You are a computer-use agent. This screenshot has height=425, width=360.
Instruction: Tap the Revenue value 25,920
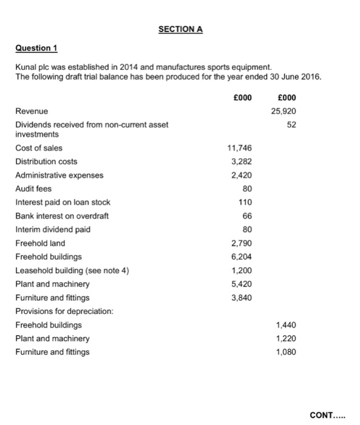pyautogui.click(x=282, y=111)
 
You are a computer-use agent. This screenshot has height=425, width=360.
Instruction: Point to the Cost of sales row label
pyautogui.click(x=39, y=148)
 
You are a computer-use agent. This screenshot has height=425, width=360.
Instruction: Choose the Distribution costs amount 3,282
pyautogui.click(x=241, y=161)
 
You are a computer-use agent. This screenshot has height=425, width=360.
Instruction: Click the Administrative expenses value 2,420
pyautogui.click(x=241, y=175)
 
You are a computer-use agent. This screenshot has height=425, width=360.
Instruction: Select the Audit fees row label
pyautogui.click(x=33, y=188)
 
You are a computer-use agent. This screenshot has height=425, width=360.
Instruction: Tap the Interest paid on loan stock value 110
pyautogui.click(x=245, y=202)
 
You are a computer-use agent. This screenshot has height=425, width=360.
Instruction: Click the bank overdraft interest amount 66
pyautogui.click(x=246, y=216)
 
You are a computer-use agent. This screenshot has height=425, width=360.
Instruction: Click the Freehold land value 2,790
pyautogui.click(x=241, y=243)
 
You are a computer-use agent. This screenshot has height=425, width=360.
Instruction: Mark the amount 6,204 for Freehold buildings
pyautogui.click(x=241, y=256)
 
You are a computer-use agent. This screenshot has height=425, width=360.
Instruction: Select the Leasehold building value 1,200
pyautogui.click(x=241, y=270)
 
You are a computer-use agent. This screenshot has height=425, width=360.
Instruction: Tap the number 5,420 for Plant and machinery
pyautogui.click(x=241, y=284)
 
